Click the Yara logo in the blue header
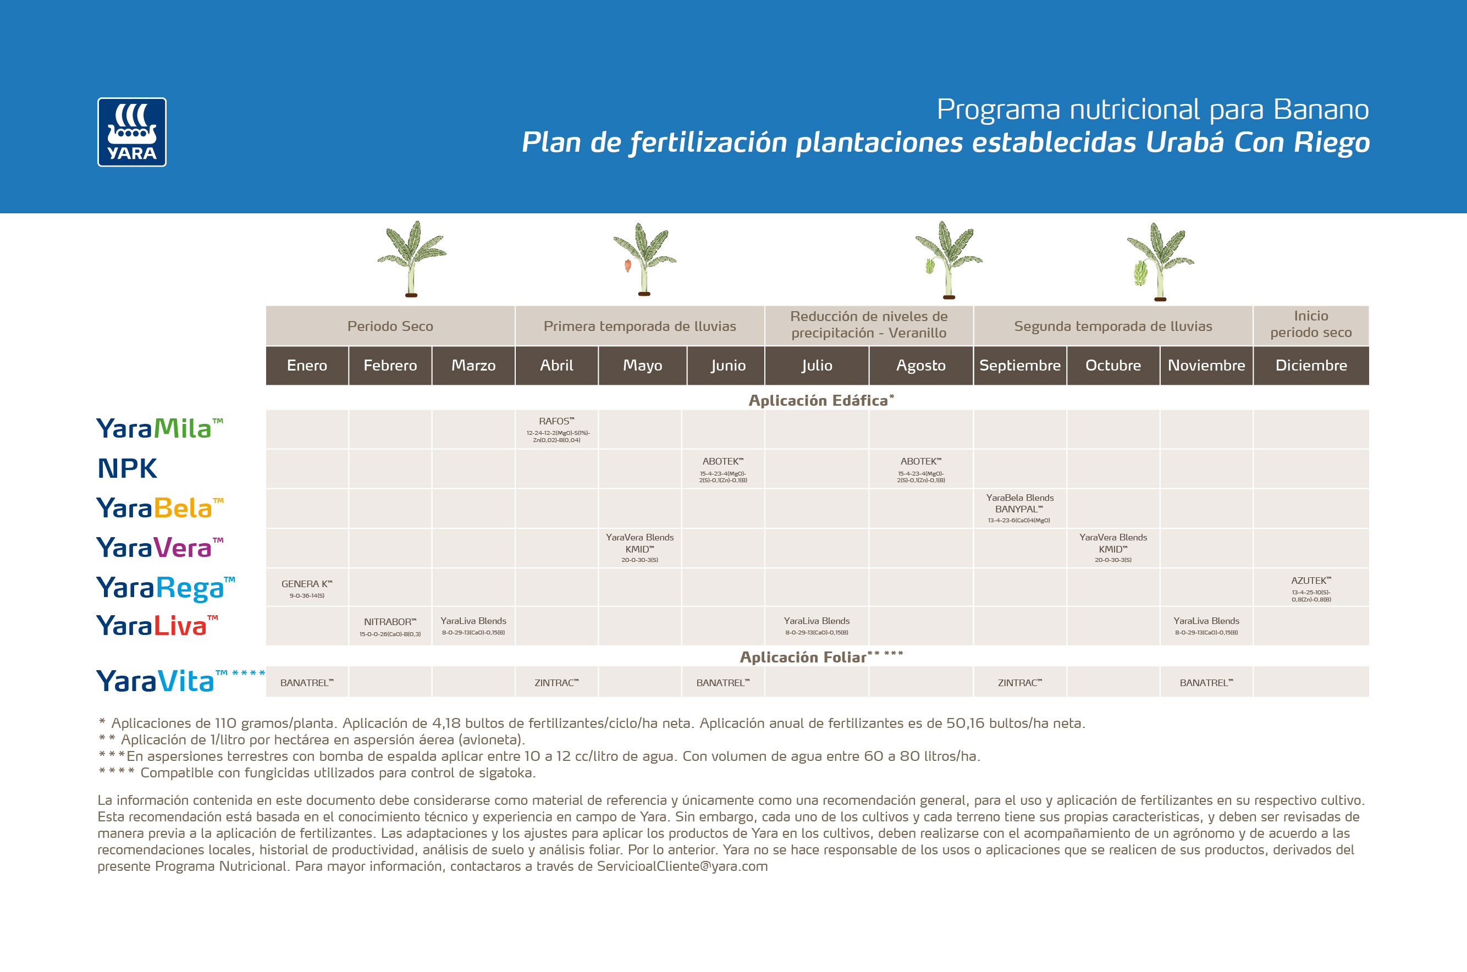coord(131,132)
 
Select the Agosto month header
coord(921,365)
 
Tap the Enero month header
coord(307,365)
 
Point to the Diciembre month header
coord(1311,365)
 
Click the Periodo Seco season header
coord(390,326)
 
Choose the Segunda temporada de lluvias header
coord(1113,326)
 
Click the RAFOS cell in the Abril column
coord(556,429)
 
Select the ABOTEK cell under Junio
coord(723,470)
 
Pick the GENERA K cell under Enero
coord(307,588)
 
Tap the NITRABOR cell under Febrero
coord(390,626)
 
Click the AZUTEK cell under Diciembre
coord(1311,588)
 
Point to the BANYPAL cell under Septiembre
coord(1019,509)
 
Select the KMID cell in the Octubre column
coord(1113,548)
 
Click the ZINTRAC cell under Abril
coord(556,682)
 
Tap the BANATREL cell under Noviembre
coord(1206,682)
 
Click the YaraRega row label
coord(165,588)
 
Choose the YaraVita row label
coord(156,681)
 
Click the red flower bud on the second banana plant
coord(627,266)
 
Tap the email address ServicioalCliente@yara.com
coord(682,866)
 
